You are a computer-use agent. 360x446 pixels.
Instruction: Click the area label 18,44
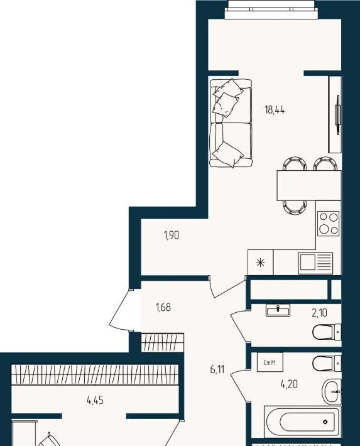(x=275, y=109)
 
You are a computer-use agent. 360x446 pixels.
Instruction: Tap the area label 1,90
(x=172, y=235)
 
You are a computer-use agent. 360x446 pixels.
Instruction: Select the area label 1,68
(x=163, y=307)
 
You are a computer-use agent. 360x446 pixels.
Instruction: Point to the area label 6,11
(x=217, y=369)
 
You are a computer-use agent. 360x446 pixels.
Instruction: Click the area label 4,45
(x=95, y=400)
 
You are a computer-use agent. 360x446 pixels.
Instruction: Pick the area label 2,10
(x=319, y=313)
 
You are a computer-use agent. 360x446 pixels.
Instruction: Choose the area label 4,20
(x=289, y=384)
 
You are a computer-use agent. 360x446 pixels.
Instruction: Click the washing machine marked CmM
(x=270, y=362)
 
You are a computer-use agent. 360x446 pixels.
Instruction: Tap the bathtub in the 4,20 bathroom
(x=302, y=422)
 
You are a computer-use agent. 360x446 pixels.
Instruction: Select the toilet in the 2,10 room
(x=327, y=332)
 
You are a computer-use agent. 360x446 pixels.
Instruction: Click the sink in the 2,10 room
(x=278, y=310)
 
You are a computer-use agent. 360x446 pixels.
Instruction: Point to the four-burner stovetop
(x=329, y=223)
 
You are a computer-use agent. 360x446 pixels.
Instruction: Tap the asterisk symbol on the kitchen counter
(x=260, y=262)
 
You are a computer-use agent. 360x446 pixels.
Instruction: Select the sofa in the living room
(x=231, y=123)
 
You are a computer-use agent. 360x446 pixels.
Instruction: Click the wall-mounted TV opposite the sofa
(x=338, y=114)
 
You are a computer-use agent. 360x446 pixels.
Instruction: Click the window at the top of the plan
(x=271, y=9)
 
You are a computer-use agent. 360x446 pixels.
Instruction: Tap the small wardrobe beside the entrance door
(x=162, y=342)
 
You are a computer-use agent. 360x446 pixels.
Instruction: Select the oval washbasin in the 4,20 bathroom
(x=332, y=392)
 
